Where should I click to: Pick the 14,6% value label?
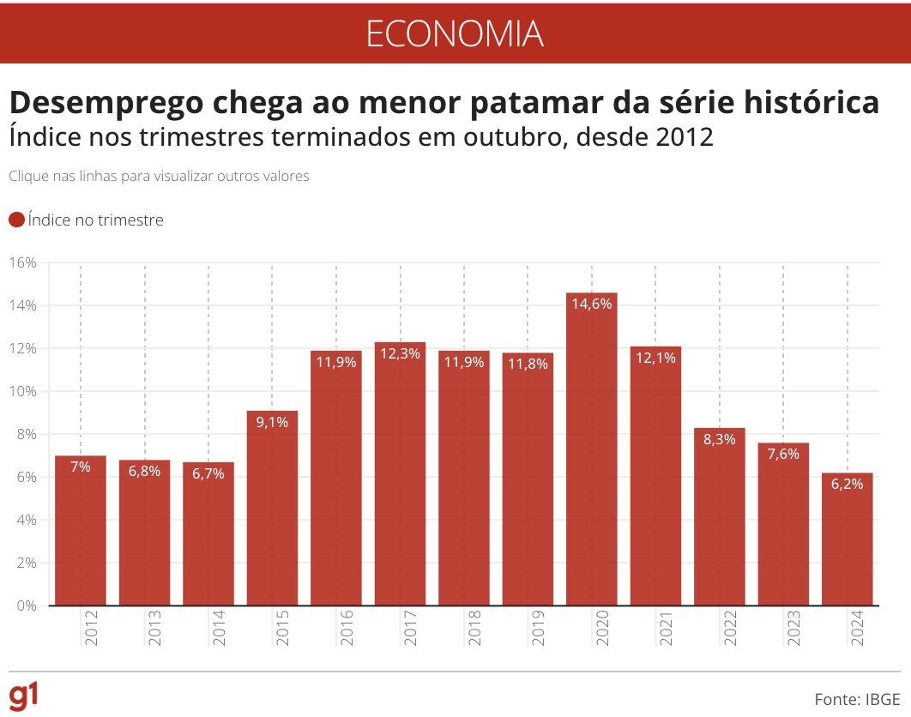[592, 303]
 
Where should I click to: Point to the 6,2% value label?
[847, 483]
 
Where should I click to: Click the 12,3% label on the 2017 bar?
[400, 352]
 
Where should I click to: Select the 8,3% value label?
[719, 438]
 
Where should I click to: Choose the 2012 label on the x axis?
[92, 628]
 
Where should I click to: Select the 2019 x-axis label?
[539, 628]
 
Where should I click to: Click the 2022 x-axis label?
[730, 628]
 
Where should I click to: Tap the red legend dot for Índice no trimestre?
[16, 220]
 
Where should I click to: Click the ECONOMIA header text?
[455, 33]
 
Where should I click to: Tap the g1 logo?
[23, 696]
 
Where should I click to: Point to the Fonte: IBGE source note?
[857, 698]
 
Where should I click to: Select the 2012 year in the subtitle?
[682, 136]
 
